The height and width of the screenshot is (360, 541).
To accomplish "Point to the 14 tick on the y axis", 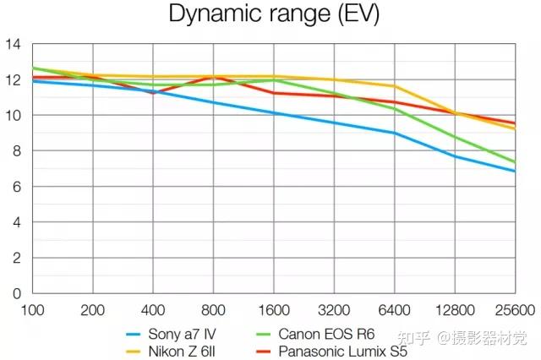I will (13, 44).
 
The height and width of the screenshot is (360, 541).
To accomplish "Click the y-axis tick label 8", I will (17, 150).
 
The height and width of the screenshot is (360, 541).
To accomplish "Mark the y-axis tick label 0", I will (17, 293).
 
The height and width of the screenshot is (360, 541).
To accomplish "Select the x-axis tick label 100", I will (31, 309).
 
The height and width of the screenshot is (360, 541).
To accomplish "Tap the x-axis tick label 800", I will (213, 309).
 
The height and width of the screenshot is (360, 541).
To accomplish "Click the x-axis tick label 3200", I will (334, 309).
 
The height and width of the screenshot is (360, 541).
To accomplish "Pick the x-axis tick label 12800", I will (455, 309).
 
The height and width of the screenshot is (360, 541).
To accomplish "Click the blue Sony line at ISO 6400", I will (395, 133).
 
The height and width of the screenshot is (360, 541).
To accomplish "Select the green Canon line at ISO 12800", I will (455, 137).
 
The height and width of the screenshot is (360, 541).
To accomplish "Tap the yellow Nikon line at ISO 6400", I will (395, 86).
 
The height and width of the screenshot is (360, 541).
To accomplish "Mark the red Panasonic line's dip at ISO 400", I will (153, 92).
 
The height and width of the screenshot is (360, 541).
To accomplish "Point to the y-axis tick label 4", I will (17, 222).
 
